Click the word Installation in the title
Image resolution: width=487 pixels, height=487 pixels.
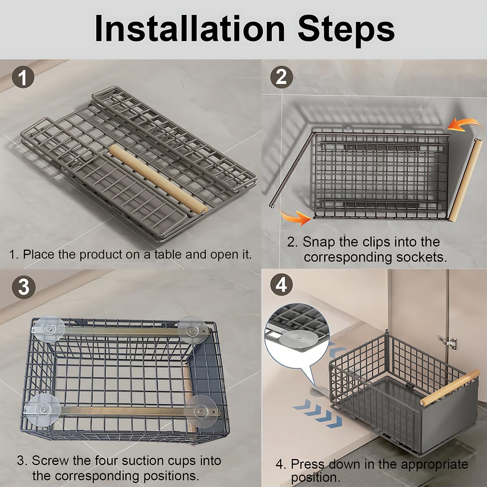(x=190, y=29)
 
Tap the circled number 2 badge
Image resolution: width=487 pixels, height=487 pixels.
(x=281, y=77)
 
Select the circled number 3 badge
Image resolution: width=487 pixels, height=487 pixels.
(x=24, y=288)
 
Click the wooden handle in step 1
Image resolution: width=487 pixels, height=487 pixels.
(x=158, y=179)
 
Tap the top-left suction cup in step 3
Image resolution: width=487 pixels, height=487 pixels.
(x=49, y=329)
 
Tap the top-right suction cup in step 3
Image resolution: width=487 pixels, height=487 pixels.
(x=191, y=330)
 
